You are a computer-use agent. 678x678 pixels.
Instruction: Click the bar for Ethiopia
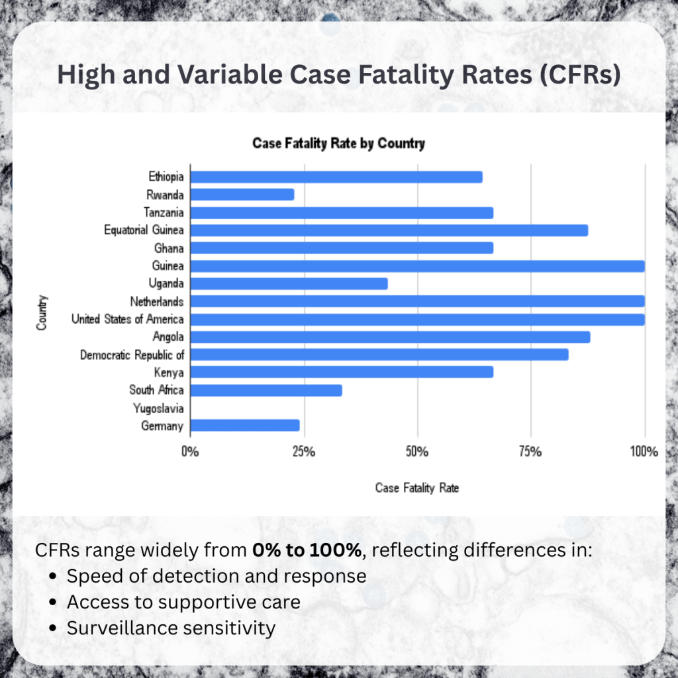click(336, 177)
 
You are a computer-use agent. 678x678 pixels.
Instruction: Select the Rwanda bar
click(242, 195)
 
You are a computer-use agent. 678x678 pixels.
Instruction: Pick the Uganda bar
click(289, 283)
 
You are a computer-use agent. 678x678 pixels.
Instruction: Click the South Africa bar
click(266, 390)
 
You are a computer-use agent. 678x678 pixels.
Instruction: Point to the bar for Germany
click(245, 425)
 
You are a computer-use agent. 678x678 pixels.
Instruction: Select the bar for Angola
click(390, 337)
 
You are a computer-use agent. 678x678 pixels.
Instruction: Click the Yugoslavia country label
click(158, 408)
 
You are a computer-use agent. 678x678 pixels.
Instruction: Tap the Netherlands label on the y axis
click(157, 301)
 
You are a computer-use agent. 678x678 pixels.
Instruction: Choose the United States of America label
click(127, 319)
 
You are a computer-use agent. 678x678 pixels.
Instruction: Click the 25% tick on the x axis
click(303, 453)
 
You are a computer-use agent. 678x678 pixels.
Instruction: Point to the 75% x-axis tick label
click(530, 453)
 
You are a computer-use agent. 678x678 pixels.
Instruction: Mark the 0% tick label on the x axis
click(190, 453)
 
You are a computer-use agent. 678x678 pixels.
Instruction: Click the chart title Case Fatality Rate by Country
click(338, 144)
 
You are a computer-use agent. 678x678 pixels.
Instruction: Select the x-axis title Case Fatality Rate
click(417, 489)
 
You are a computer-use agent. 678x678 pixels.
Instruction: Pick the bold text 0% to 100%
click(307, 550)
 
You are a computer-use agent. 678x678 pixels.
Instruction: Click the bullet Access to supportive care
click(183, 602)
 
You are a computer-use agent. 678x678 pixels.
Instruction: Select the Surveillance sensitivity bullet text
click(171, 628)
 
